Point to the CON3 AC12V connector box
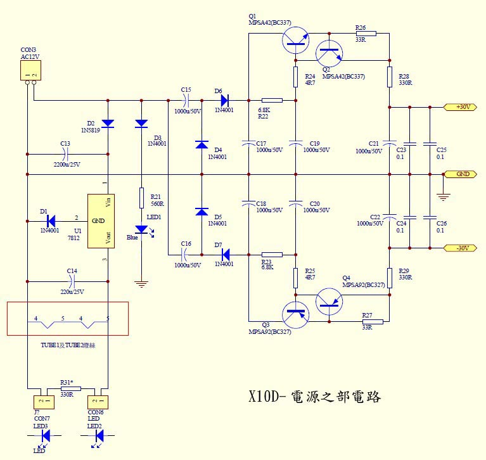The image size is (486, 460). click(30, 71)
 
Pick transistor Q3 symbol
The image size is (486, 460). click(296, 313)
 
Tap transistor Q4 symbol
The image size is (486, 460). click(329, 300)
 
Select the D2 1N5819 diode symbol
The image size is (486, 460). click(108, 123)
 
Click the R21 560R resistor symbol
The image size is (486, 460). click(141, 198)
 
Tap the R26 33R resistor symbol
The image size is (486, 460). click(366, 33)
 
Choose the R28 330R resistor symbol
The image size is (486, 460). click(389, 77)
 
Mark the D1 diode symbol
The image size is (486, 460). click(51, 220)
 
